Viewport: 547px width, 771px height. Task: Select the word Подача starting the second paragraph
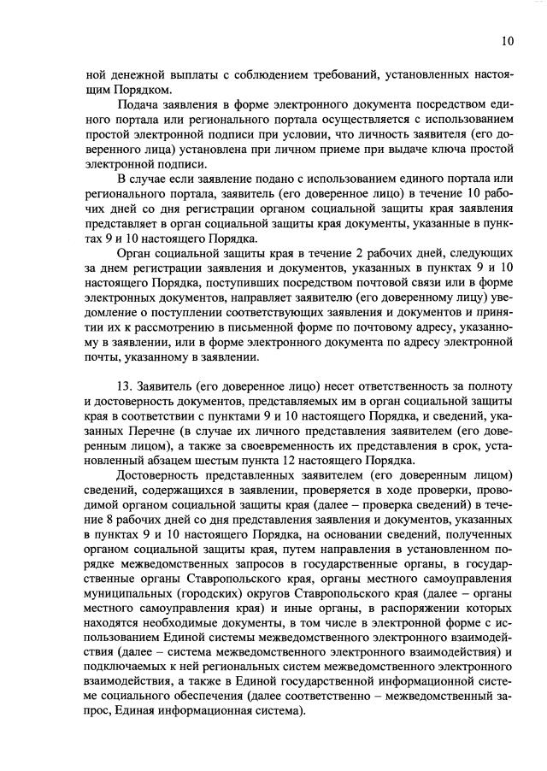pyautogui.click(x=138, y=105)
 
